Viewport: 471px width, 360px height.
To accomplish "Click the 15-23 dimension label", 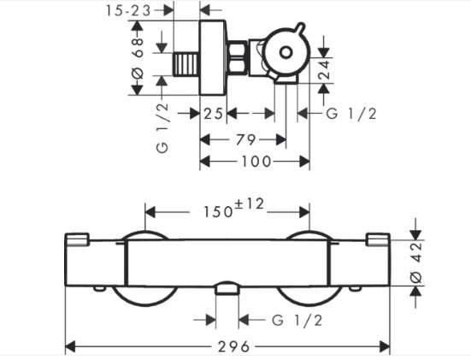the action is (127, 11).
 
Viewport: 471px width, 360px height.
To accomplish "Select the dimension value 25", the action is (213, 114).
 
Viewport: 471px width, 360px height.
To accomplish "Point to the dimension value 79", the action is (245, 139).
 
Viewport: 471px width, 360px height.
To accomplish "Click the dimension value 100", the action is (256, 162).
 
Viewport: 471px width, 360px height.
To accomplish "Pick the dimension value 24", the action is (324, 70).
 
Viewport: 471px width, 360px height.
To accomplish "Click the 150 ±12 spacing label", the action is (233, 208).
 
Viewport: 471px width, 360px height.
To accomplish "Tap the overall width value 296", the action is (233, 347).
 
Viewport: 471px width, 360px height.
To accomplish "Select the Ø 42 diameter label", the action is (416, 263).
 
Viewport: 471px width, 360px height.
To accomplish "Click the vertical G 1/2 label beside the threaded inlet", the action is (162, 128).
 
